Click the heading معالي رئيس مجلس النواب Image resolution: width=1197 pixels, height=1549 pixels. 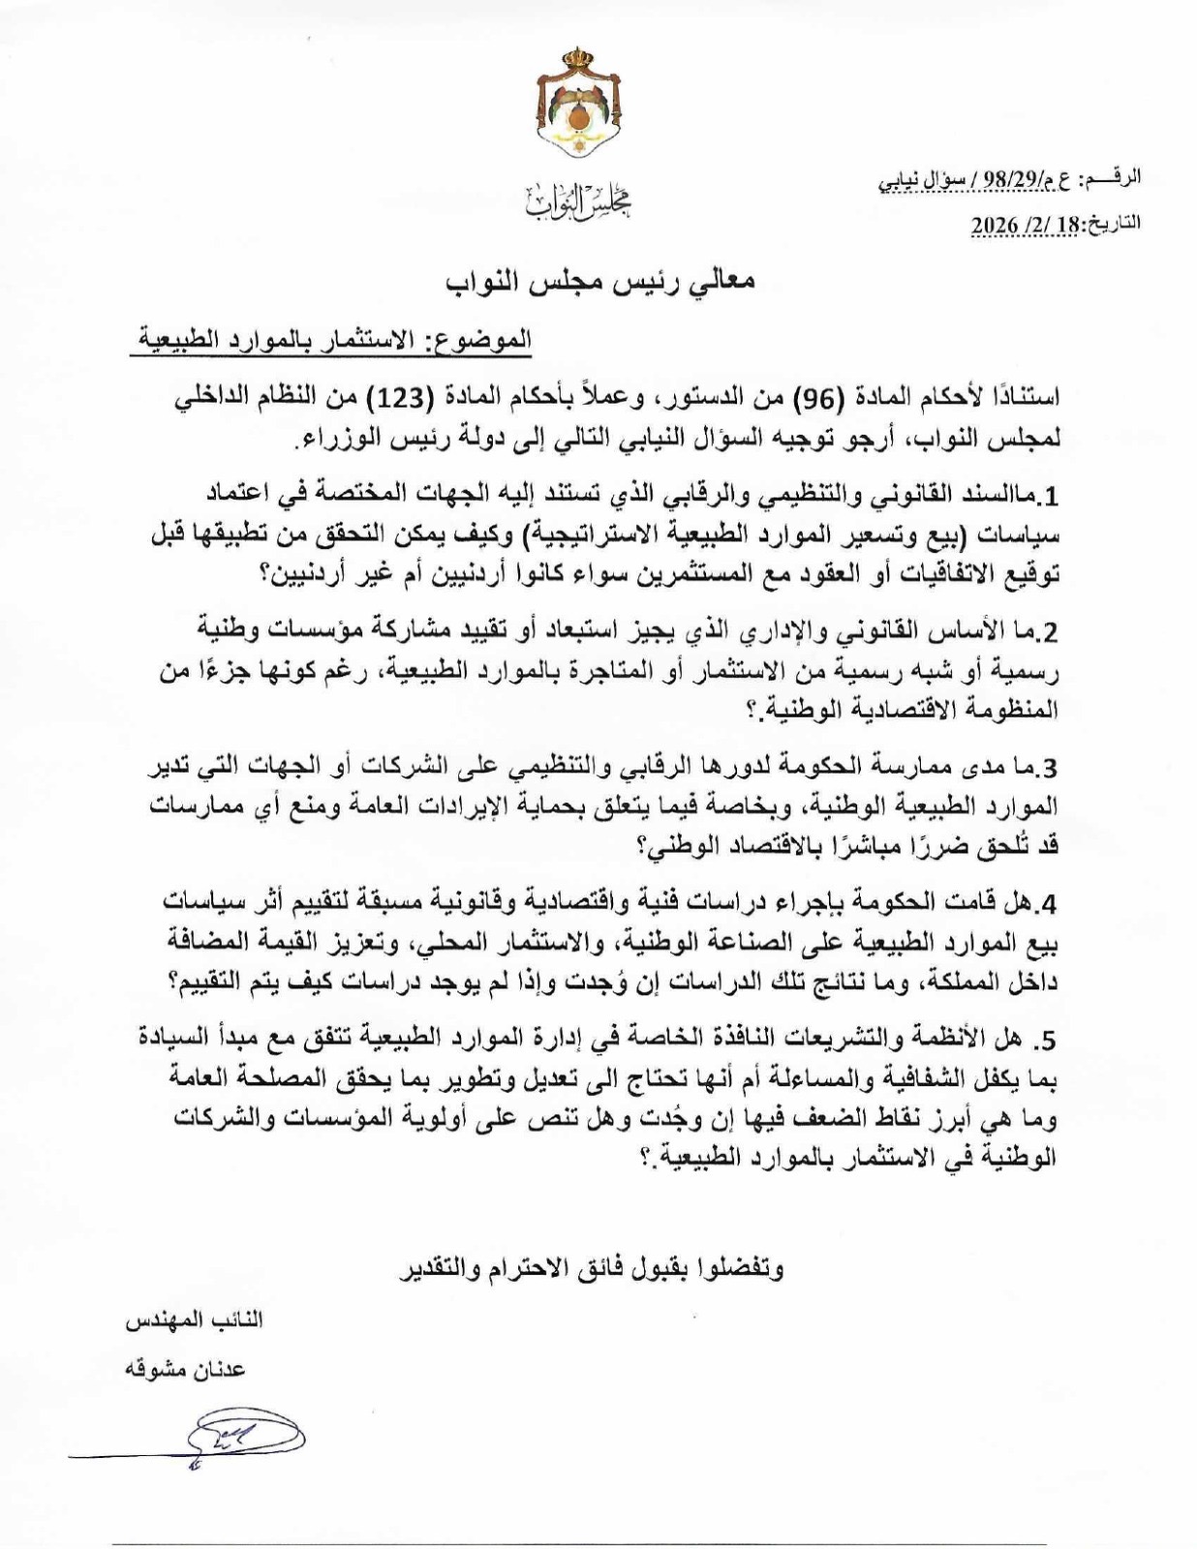click(600, 281)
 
